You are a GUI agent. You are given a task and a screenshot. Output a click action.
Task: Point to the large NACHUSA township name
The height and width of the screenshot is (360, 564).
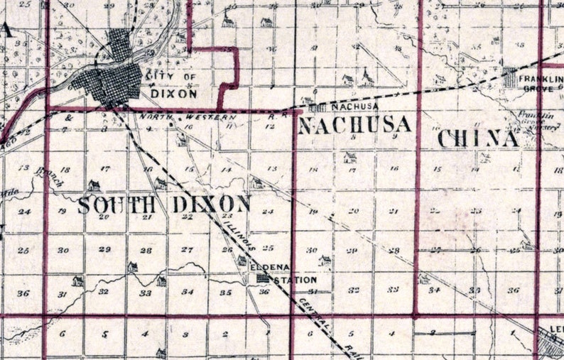[x=354, y=126]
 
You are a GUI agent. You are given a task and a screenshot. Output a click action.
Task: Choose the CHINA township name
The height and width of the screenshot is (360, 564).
[x=477, y=138]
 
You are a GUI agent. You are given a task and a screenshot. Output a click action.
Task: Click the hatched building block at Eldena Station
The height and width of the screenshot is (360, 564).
[x=262, y=279]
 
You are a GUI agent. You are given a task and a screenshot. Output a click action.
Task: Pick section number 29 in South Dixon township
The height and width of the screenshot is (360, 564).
[x=105, y=250]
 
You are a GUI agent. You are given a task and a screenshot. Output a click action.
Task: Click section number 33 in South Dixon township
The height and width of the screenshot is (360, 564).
[x=145, y=292]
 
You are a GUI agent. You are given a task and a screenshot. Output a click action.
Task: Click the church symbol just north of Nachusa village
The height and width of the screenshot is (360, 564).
[x=367, y=77]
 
